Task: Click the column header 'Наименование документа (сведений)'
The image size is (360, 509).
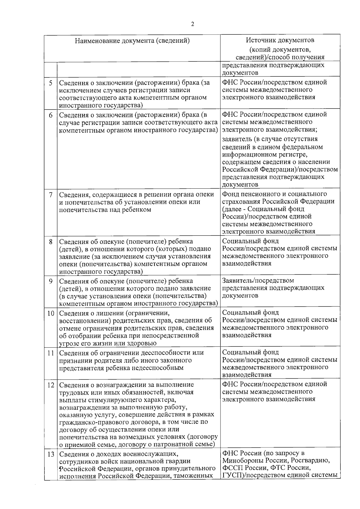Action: tap(132, 41)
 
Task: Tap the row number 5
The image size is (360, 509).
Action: tap(51, 82)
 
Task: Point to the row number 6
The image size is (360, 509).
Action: tap(51, 115)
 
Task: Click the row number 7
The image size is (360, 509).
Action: tap(51, 195)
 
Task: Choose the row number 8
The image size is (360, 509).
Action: tap(51, 241)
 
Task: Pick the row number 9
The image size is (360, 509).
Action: tap(51, 281)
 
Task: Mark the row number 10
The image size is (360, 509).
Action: tap(50, 313)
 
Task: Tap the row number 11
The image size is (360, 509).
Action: tap(50, 353)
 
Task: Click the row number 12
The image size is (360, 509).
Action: tap(50, 385)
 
